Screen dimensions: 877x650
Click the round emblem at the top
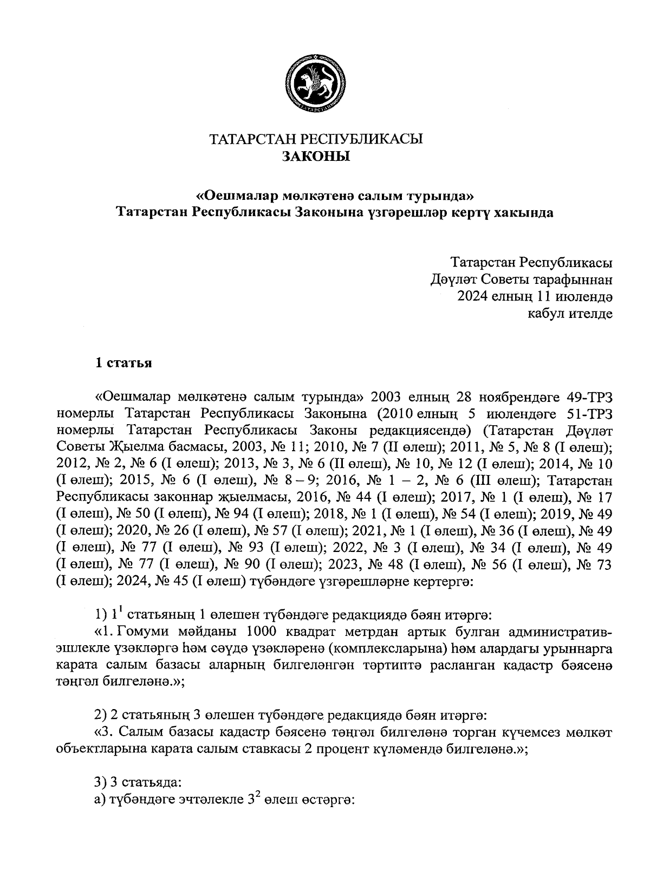point(316,82)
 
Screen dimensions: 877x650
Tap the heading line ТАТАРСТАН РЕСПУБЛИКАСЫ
point(316,139)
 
